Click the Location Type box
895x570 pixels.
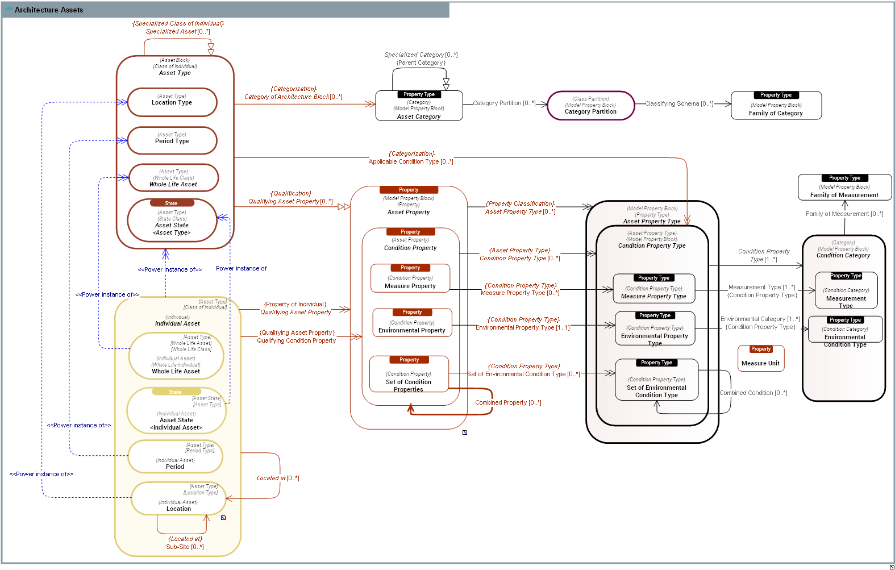(x=172, y=102)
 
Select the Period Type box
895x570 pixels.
(x=172, y=140)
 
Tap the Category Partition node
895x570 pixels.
(x=590, y=106)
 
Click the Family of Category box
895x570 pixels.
(x=776, y=106)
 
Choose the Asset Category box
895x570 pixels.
(x=419, y=106)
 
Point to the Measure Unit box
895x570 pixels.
(x=760, y=359)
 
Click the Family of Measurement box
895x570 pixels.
(x=844, y=188)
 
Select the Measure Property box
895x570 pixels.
(x=410, y=279)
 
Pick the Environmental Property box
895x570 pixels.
(x=412, y=323)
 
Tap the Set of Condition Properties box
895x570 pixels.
(x=409, y=375)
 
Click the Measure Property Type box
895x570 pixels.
(x=653, y=289)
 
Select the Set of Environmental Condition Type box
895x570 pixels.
(x=656, y=380)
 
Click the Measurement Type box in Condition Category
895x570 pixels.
(x=846, y=291)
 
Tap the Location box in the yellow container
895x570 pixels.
(x=178, y=499)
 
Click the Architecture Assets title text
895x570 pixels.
(x=49, y=10)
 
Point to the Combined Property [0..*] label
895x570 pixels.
(x=508, y=402)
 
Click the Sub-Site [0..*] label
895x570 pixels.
(x=185, y=547)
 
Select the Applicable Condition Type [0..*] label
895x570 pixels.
(x=410, y=161)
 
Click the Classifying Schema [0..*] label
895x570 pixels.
(x=679, y=103)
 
